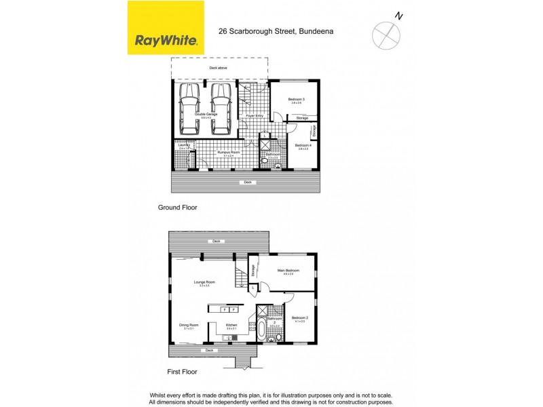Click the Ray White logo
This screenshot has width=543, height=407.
(166, 28)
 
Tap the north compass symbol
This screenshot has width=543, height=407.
(386, 33)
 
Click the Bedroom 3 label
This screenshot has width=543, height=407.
(297, 100)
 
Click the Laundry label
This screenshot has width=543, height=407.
(183, 144)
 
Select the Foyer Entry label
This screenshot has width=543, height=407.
(255, 115)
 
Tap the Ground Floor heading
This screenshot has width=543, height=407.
(177, 207)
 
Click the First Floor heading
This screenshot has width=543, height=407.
(183, 372)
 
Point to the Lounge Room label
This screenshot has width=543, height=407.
(204, 282)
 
